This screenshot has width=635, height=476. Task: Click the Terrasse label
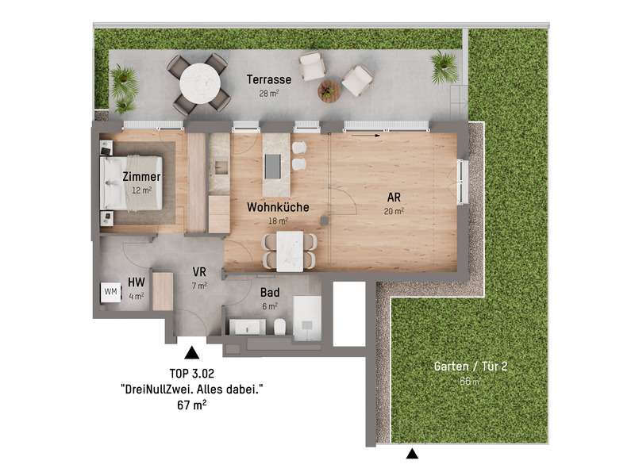[269, 79]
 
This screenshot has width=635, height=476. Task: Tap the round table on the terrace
[200, 84]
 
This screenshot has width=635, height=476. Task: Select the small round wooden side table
[328, 90]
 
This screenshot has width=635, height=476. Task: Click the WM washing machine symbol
[110, 292]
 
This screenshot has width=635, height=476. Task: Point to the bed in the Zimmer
[131, 183]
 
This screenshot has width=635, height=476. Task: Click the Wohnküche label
[278, 207]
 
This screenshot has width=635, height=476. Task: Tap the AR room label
[394, 198]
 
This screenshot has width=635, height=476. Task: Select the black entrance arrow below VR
[191, 352]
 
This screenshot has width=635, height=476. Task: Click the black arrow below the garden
[412, 453]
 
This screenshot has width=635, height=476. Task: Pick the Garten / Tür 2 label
[471, 367]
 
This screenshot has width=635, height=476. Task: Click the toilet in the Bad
[279, 327]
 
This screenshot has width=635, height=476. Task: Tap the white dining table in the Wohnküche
[290, 251]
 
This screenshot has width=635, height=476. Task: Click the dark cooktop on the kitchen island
[272, 167]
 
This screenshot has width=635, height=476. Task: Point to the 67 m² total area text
[191, 405]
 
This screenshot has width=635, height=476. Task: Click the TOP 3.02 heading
[191, 373]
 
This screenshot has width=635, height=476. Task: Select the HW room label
[136, 282]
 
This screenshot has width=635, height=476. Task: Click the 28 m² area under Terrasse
[269, 94]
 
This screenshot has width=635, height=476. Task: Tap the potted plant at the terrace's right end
[444, 67]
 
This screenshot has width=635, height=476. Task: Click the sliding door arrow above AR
[366, 136]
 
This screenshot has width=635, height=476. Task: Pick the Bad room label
[270, 292]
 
